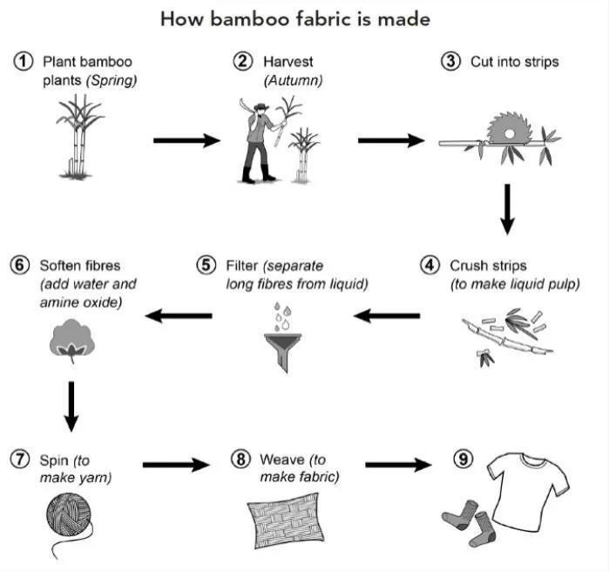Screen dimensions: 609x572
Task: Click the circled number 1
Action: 23,61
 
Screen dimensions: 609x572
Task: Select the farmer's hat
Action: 261,106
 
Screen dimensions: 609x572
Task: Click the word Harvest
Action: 288,62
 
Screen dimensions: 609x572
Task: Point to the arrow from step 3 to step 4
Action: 507,209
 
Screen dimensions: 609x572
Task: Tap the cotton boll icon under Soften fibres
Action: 72,340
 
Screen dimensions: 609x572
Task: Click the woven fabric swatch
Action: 286,521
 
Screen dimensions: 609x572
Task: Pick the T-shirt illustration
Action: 527,490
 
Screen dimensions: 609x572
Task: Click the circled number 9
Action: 464,460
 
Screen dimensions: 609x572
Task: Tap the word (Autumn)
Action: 294,80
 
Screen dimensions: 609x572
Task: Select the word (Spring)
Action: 112,80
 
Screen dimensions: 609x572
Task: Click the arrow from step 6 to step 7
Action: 71,406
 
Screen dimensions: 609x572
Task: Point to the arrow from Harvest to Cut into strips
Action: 391,140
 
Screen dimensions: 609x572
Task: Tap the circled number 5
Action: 206,265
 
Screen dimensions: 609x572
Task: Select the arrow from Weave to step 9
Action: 398,465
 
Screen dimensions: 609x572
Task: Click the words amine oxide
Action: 81,303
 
